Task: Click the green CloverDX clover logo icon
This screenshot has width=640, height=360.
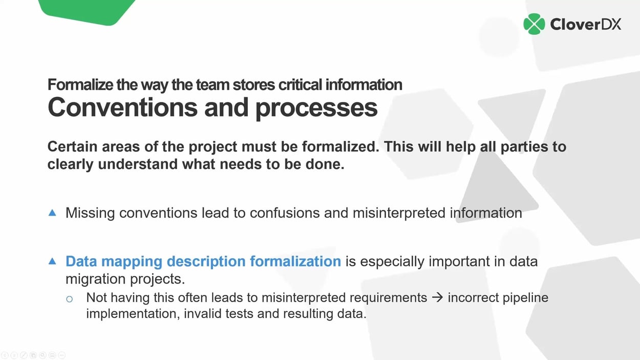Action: (x=534, y=24)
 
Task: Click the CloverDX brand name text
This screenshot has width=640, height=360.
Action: (x=585, y=24)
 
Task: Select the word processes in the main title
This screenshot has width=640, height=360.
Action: (x=316, y=107)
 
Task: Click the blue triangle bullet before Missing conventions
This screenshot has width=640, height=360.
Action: (x=52, y=213)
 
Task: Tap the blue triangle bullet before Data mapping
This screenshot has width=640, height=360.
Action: (x=52, y=261)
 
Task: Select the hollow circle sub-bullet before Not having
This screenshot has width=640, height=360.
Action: (x=70, y=299)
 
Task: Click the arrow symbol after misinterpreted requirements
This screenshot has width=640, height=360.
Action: (x=437, y=298)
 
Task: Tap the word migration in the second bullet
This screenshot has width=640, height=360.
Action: (x=94, y=280)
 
